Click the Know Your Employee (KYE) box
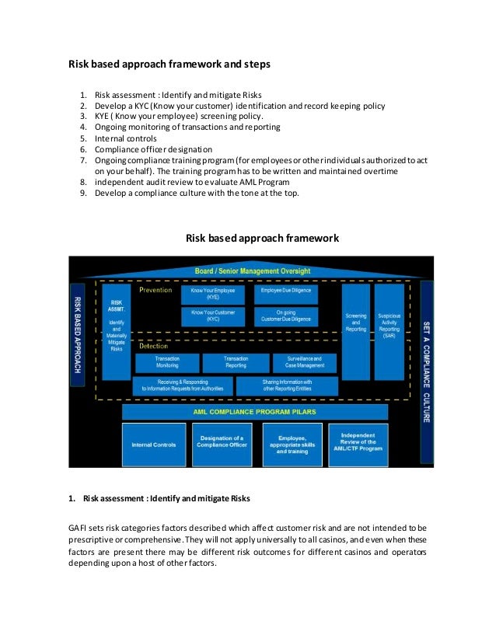point(212,294)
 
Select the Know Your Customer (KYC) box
point(212,316)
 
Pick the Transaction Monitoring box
point(167,362)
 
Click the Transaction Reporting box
point(236,362)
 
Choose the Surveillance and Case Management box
point(304,362)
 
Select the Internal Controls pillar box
point(154,445)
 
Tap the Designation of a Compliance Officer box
point(225,445)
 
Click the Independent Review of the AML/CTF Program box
point(358,444)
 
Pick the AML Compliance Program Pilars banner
point(255,412)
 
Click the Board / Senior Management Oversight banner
point(252,270)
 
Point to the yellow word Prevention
point(155,291)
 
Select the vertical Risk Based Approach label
point(78,334)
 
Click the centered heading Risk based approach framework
point(262,238)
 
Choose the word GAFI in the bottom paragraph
point(78,527)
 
